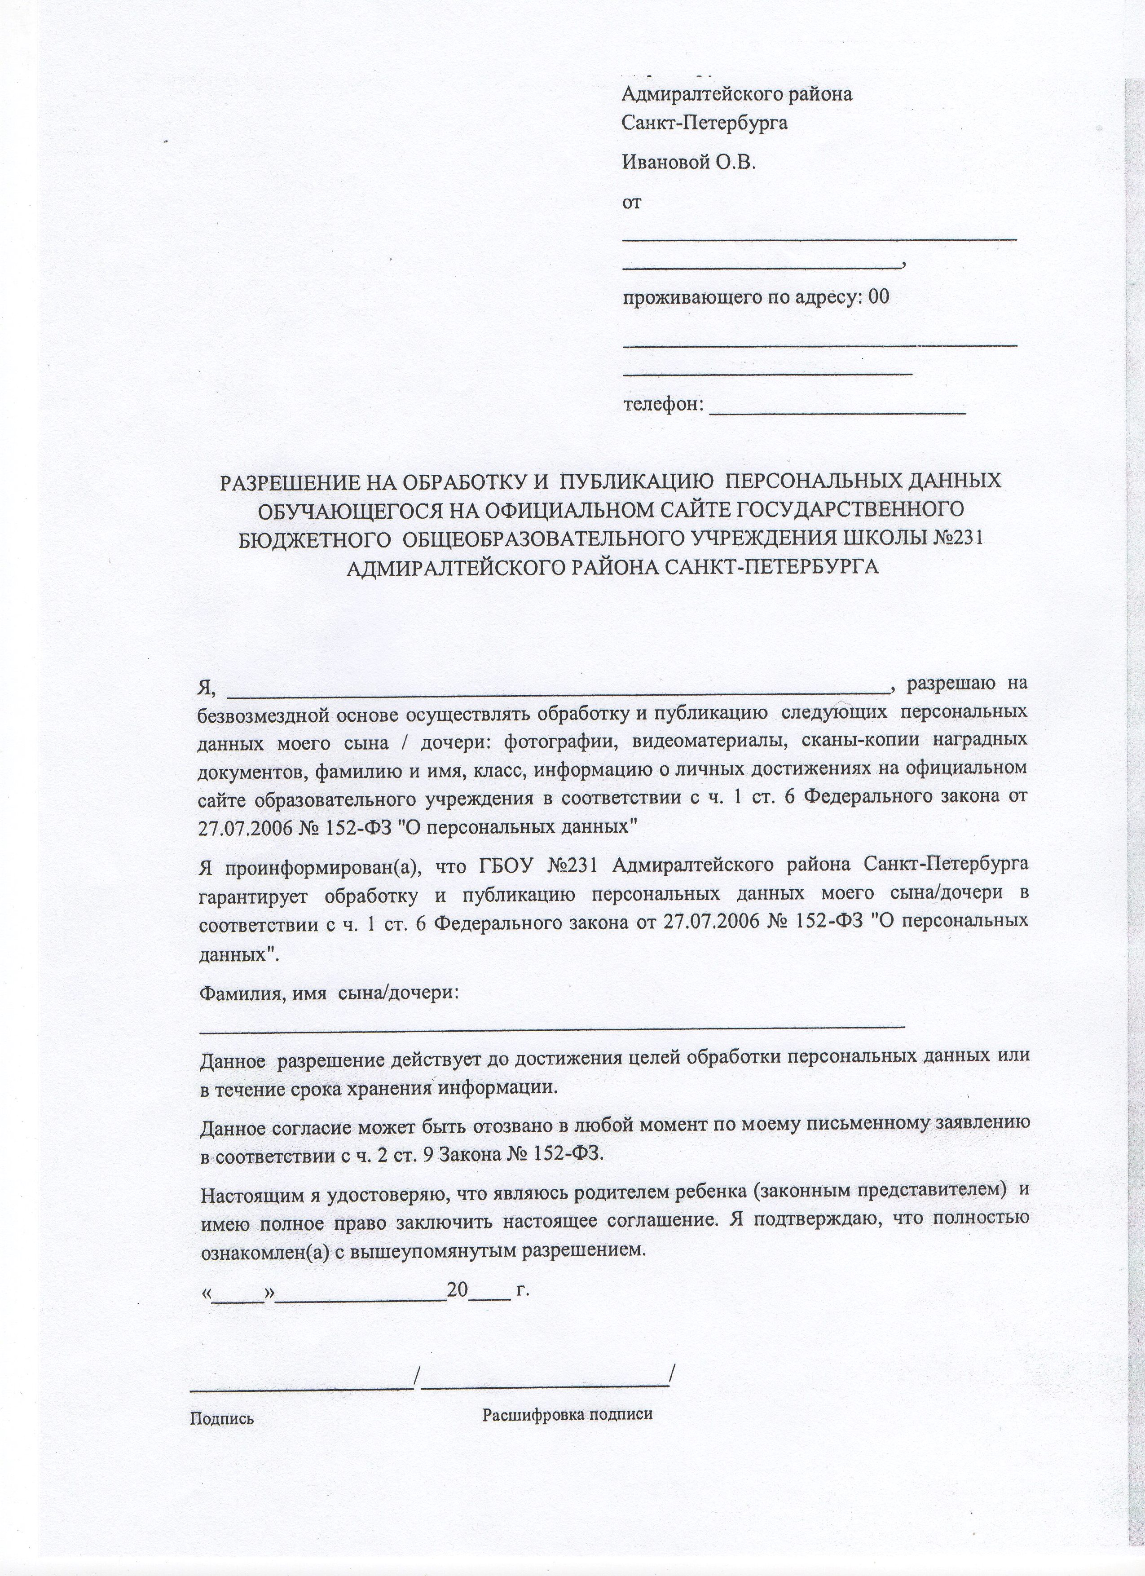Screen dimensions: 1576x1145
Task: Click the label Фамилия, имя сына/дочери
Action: coord(329,993)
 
